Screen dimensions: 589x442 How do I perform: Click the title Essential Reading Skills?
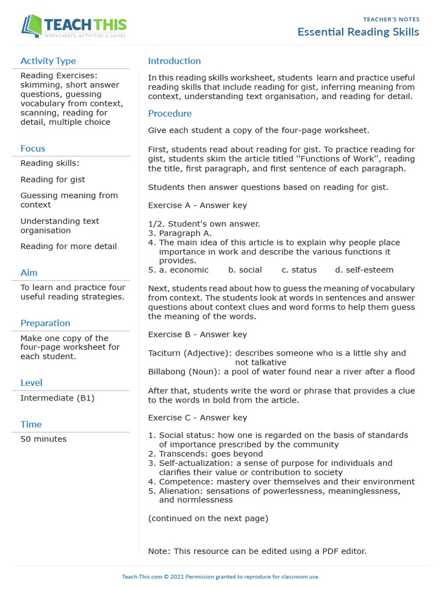358,32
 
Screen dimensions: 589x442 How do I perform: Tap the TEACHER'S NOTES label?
391,20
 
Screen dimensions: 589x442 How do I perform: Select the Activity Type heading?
48,61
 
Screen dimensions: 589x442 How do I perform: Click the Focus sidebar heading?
33,148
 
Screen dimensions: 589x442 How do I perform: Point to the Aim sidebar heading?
29,273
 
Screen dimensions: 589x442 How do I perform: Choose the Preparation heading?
45,323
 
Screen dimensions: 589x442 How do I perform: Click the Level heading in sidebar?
31,383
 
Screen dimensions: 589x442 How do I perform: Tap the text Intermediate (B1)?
58,398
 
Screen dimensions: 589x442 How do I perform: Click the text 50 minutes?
43,439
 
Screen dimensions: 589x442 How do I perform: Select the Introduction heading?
174,61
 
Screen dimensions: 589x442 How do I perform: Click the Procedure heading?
170,114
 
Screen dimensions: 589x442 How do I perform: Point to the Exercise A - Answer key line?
197,205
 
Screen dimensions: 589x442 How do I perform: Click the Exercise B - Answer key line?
197,334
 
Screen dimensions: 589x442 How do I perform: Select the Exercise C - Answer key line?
197,418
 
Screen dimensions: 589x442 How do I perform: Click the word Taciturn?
165,353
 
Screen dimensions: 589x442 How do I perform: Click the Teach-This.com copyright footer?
220,576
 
